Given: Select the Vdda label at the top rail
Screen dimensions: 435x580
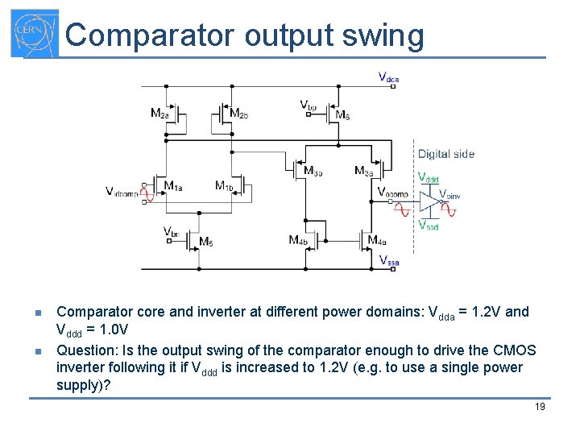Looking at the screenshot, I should (388, 78).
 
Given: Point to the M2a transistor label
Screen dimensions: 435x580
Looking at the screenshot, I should (159, 114).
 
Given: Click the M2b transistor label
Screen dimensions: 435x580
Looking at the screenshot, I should (239, 114).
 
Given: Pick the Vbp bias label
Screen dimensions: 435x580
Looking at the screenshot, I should (308, 106).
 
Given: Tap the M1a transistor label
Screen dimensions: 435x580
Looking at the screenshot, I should (173, 186).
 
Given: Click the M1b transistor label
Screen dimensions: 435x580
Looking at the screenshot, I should (224, 186).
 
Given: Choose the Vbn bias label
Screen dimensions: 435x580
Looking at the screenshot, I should (171, 233).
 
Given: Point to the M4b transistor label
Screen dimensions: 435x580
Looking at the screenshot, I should (297, 240).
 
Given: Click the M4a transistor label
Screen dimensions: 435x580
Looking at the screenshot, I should (377, 240).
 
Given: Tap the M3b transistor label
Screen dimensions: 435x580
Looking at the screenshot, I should (313, 170).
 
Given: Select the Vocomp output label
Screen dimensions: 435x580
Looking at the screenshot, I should (393, 192).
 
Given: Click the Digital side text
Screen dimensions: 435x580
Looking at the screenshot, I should (445, 154).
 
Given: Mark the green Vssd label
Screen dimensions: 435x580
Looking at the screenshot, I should (428, 226).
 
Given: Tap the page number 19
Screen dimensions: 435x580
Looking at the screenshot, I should (540, 407).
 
